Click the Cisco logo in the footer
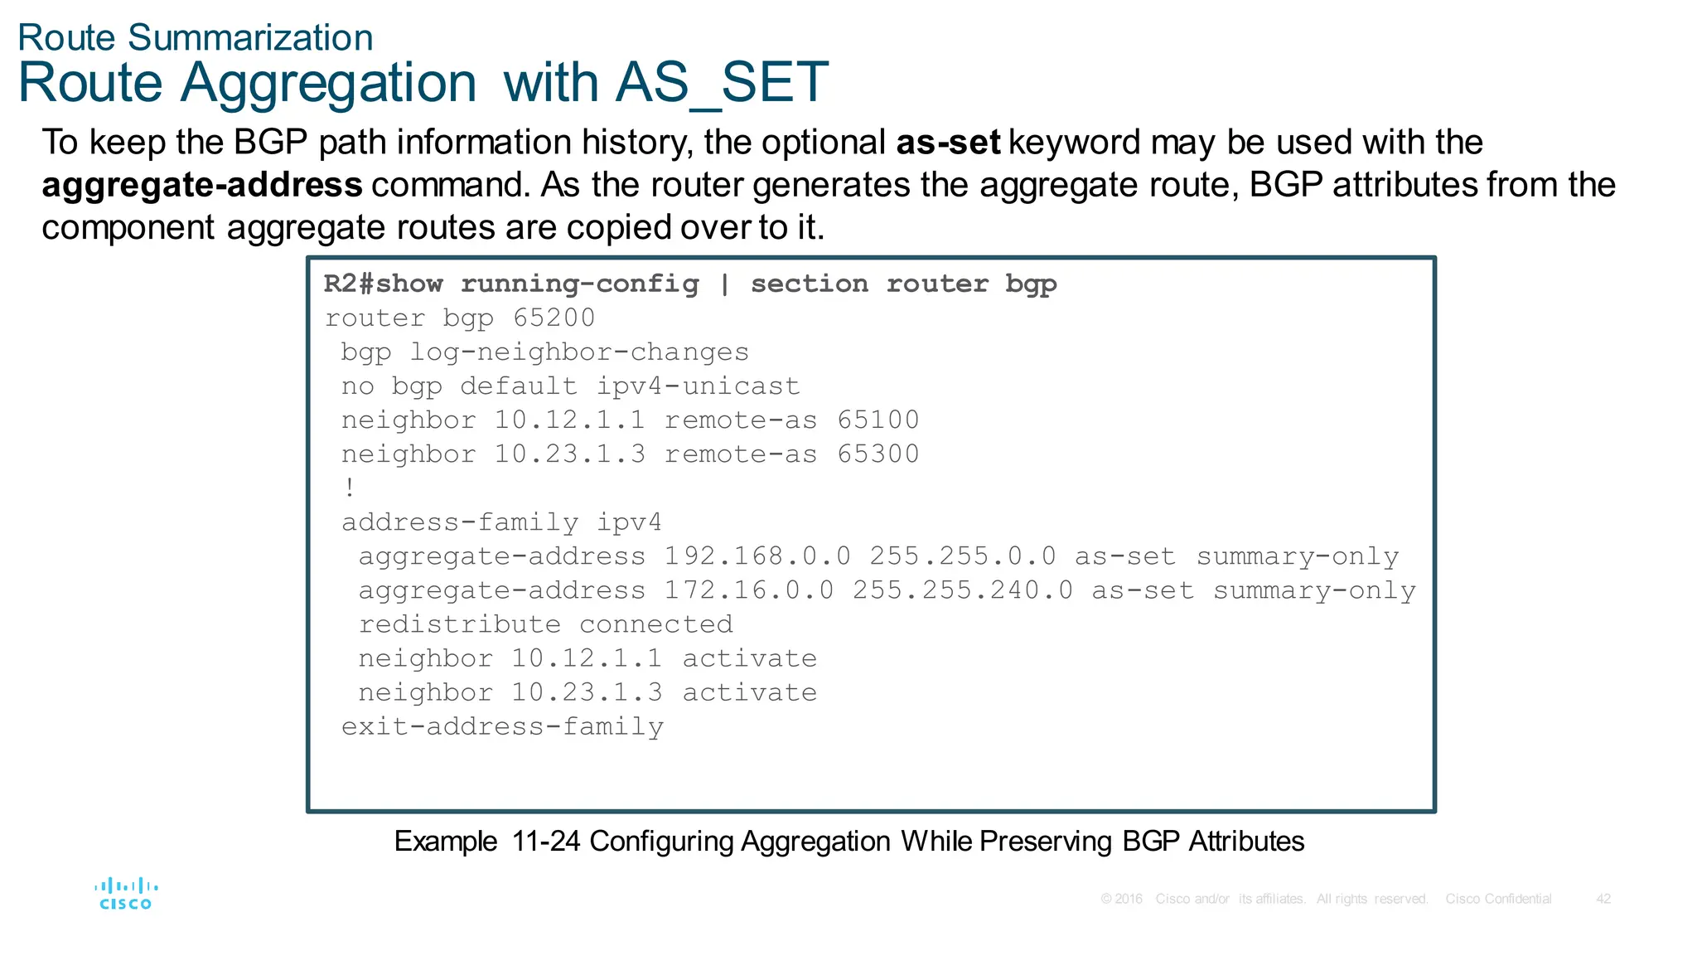(126, 894)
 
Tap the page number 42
(1603, 899)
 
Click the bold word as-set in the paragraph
(948, 143)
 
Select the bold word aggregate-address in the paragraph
(202, 185)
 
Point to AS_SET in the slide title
(721, 83)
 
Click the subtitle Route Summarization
(196, 38)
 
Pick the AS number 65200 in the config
(554, 318)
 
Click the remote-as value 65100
(878, 420)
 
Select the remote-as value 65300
(878, 454)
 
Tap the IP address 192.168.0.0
(757, 556)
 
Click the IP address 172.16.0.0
(748, 590)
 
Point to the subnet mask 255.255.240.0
(962, 590)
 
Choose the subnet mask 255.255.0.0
(962, 556)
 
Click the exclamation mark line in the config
(351, 488)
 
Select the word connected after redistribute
(655, 624)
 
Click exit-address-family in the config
(502, 727)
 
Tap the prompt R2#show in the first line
(383, 284)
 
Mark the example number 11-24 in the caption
(546, 842)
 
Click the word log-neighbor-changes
(579, 352)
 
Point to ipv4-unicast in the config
(698, 386)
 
